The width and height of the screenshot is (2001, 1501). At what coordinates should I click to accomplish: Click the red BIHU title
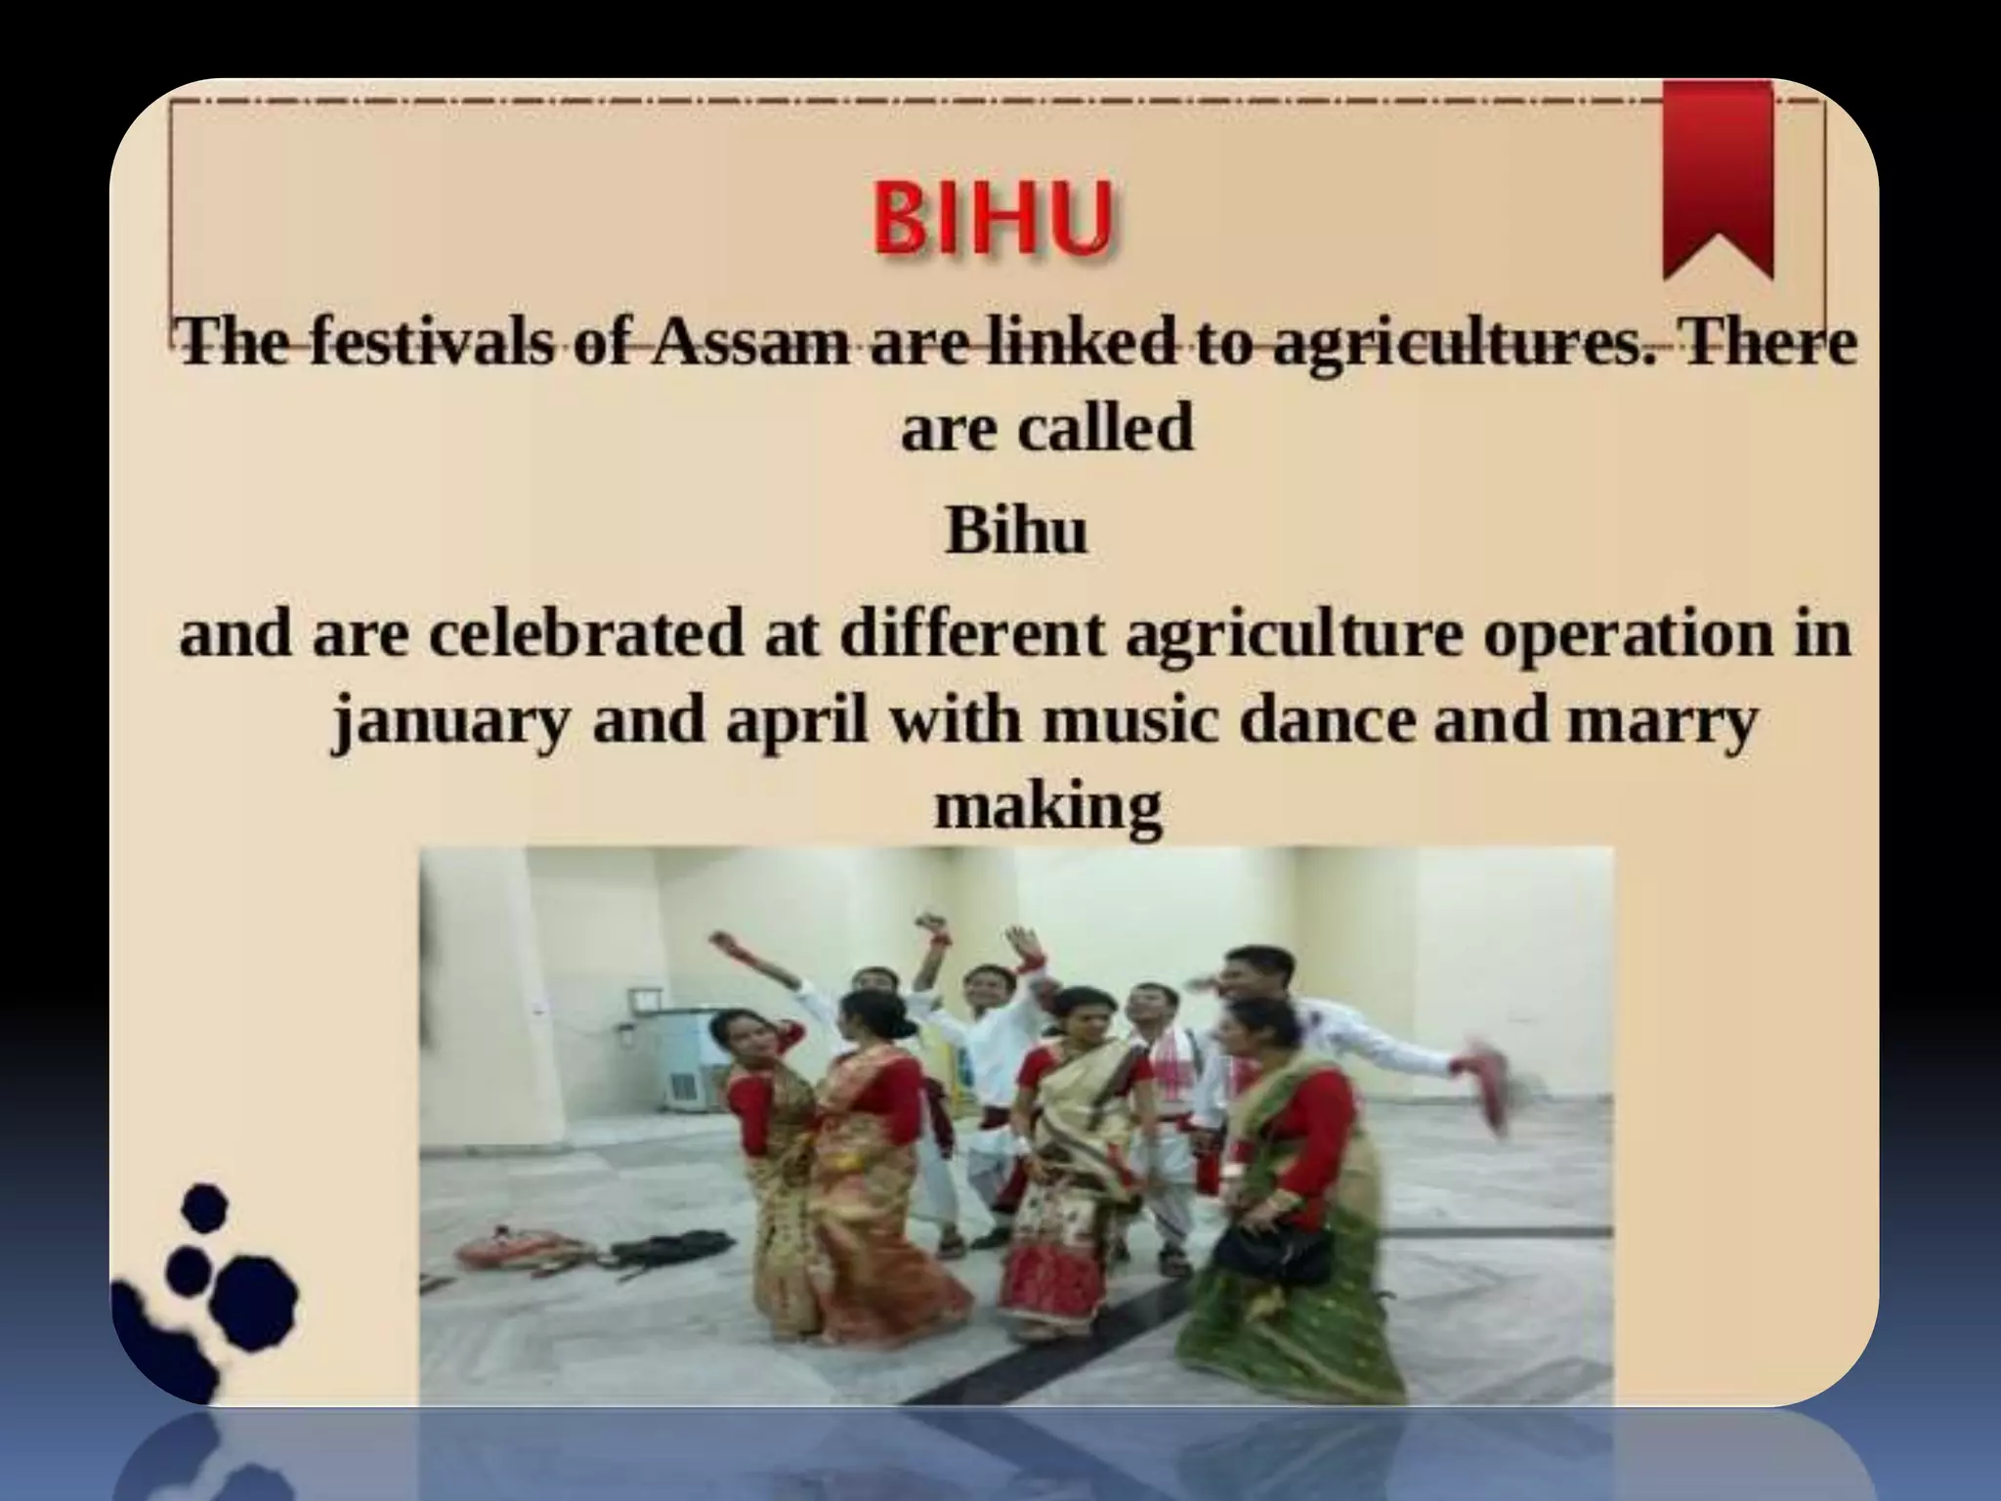pyautogui.click(x=991, y=222)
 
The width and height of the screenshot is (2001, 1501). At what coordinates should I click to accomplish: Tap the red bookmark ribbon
pyautogui.click(x=1717, y=176)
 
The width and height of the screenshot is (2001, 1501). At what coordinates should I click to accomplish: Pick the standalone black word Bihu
pyautogui.click(x=1015, y=532)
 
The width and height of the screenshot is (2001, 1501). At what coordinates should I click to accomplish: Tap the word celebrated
pyautogui.click(x=585, y=634)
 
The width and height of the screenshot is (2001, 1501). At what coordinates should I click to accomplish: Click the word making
pyautogui.click(x=1048, y=807)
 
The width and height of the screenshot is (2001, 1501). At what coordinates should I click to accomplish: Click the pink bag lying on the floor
pyautogui.click(x=498, y=1247)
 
